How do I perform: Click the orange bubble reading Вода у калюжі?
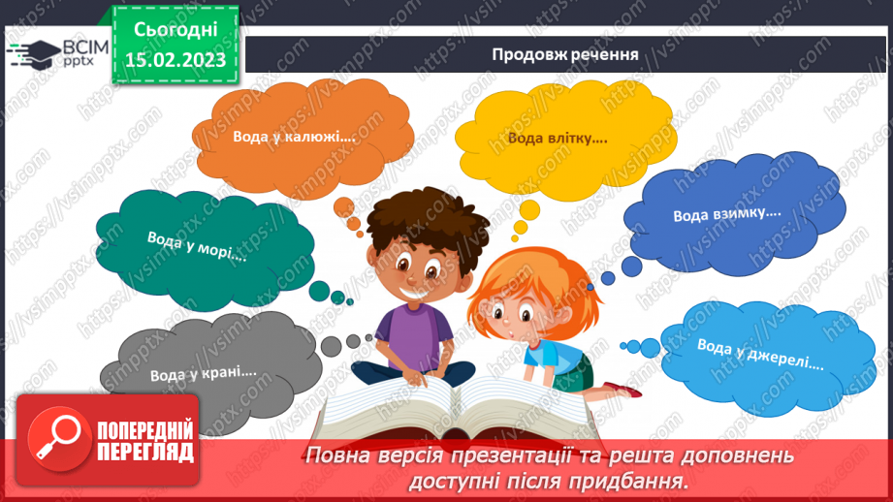tap(294, 136)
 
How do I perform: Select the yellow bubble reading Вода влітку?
tap(558, 138)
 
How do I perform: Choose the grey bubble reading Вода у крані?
tap(203, 369)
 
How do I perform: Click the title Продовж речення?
tap(564, 54)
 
